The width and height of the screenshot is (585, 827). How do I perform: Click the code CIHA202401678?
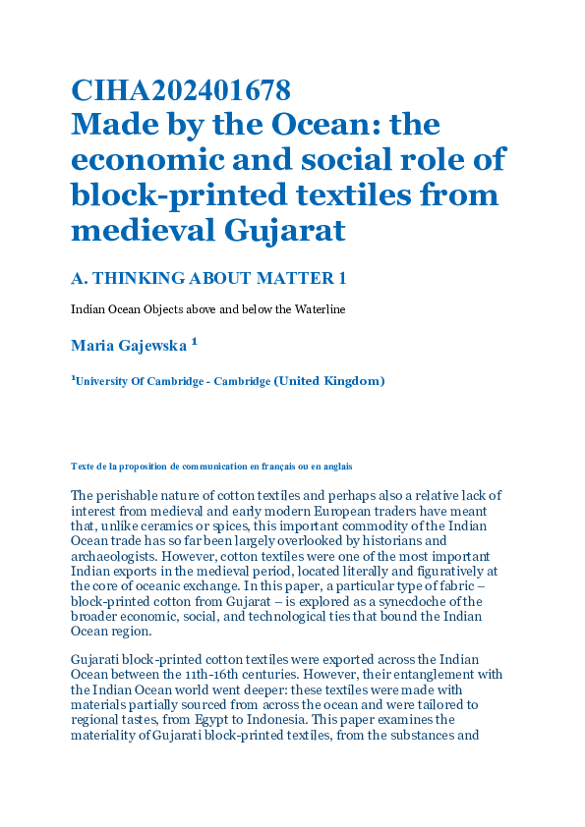pos(180,91)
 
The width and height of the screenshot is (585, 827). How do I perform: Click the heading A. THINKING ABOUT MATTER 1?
pos(208,279)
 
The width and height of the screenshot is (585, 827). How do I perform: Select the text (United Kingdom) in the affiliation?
pos(328,381)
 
